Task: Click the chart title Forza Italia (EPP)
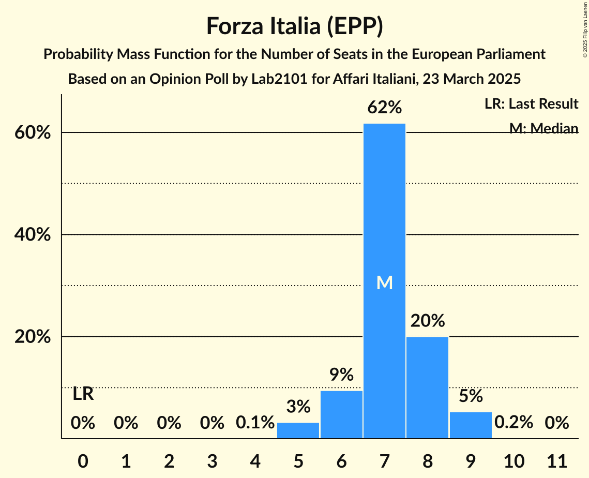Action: click(x=294, y=26)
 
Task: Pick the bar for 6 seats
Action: click(x=341, y=414)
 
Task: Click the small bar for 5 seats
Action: click(x=298, y=430)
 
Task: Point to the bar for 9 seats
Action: click(x=471, y=425)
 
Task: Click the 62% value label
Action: click(x=384, y=108)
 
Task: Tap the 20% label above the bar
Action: click(x=427, y=321)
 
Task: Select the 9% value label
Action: click(x=341, y=375)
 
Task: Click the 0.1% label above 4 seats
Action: click(x=255, y=423)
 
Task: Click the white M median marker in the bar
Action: click(x=384, y=282)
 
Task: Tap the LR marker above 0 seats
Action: click(x=83, y=394)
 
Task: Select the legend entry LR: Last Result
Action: click(x=531, y=104)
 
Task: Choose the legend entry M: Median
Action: click(x=543, y=128)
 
